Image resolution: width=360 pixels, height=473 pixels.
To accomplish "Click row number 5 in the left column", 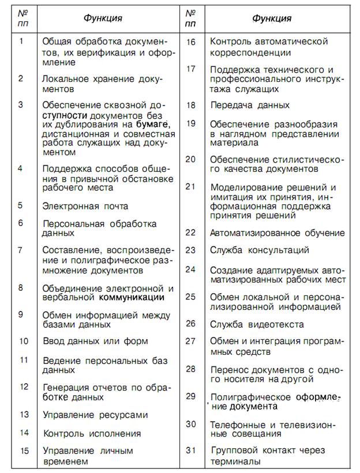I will coord(21,205).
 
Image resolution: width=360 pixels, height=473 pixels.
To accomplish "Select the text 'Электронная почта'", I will coord(85,206).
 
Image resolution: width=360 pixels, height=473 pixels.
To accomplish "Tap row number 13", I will coord(24,414).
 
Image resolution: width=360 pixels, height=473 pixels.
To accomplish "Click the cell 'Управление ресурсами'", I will coord(95,415).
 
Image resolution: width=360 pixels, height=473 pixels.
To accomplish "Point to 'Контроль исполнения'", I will coord(92,433).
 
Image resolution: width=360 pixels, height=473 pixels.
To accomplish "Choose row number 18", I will coord(191,105).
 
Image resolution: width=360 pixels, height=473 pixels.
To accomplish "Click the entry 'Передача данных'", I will coord(250,106).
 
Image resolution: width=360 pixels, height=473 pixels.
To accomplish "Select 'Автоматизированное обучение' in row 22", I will coord(277,233).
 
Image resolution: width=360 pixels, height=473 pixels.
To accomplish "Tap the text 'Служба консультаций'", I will coord(259,250).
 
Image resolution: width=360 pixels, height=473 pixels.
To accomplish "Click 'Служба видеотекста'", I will coord(254,324).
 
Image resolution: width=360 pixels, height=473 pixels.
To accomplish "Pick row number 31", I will coord(191,450).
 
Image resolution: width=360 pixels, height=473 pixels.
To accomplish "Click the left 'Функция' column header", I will coord(102,18).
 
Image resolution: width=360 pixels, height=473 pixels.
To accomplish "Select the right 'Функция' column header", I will coord(271,18).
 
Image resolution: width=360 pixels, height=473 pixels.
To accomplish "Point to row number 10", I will coord(24,340).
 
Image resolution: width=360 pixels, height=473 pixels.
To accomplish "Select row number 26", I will coord(191,323).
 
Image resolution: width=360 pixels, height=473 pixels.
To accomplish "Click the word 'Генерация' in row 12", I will coord(66,386).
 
